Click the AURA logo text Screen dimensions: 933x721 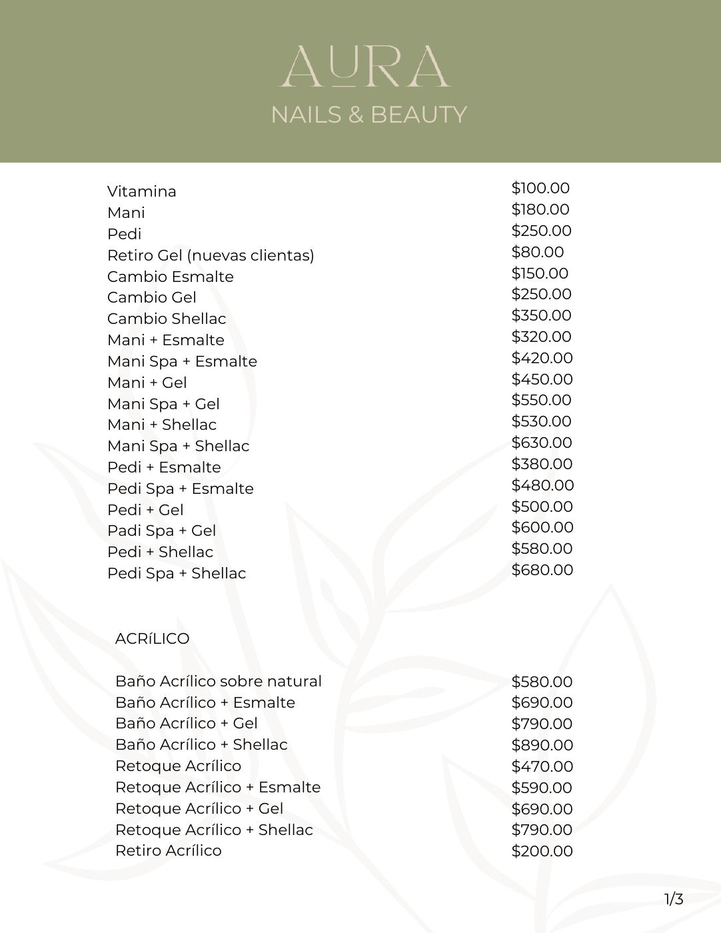[x=364, y=67]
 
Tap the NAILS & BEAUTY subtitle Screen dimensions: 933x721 [x=368, y=115]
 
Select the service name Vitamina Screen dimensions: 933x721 [x=142, y=191]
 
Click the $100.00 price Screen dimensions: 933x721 [x=540, y=188]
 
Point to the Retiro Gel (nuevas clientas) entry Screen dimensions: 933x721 [x=211, y=255]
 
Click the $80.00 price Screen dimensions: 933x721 [x=537, y=252]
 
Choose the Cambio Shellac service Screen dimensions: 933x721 [x=167, y=319]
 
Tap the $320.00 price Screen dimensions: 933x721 [x=541, y=337]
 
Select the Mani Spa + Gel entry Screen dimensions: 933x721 [x=163, y=404]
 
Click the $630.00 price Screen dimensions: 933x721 [x=542, y=443]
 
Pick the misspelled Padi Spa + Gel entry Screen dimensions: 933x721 [x=162, y=530]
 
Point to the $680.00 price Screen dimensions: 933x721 [x=542, y=570]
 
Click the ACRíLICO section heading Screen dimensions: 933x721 [x=153, y=638]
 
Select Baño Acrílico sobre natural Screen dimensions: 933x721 [x=219, y=681]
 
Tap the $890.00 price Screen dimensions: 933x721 [x=542, y=745]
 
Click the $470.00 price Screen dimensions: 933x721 [x=542, y=766]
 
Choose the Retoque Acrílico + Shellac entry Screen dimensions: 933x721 [x=214, y=830]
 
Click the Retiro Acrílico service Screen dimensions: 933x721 [x=169, y=850]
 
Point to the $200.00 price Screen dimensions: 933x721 [x=542, y=851]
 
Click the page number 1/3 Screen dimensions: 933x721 [x=674, y=900]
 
